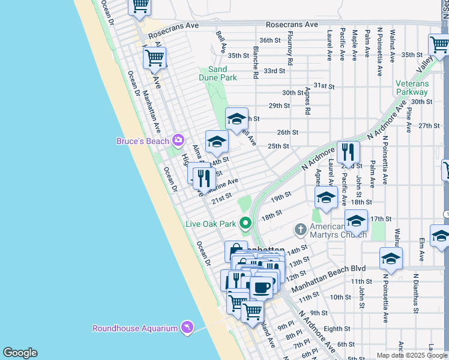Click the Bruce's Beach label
coord(143,141)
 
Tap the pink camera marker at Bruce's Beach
coord(178,140)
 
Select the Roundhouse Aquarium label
coord(134,328)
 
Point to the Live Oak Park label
coord(211,224)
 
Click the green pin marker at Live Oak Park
coord(245,223)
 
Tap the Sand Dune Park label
coord(218,73)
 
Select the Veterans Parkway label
coord(412,88)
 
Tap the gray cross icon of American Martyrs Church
coord(300,229)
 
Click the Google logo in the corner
coord(20,353)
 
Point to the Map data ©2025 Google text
coord(412,355)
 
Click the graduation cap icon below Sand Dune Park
coord(237,118)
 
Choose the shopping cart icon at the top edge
coord(140,5)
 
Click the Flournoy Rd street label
coord(290,53)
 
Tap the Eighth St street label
coord(336,329)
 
